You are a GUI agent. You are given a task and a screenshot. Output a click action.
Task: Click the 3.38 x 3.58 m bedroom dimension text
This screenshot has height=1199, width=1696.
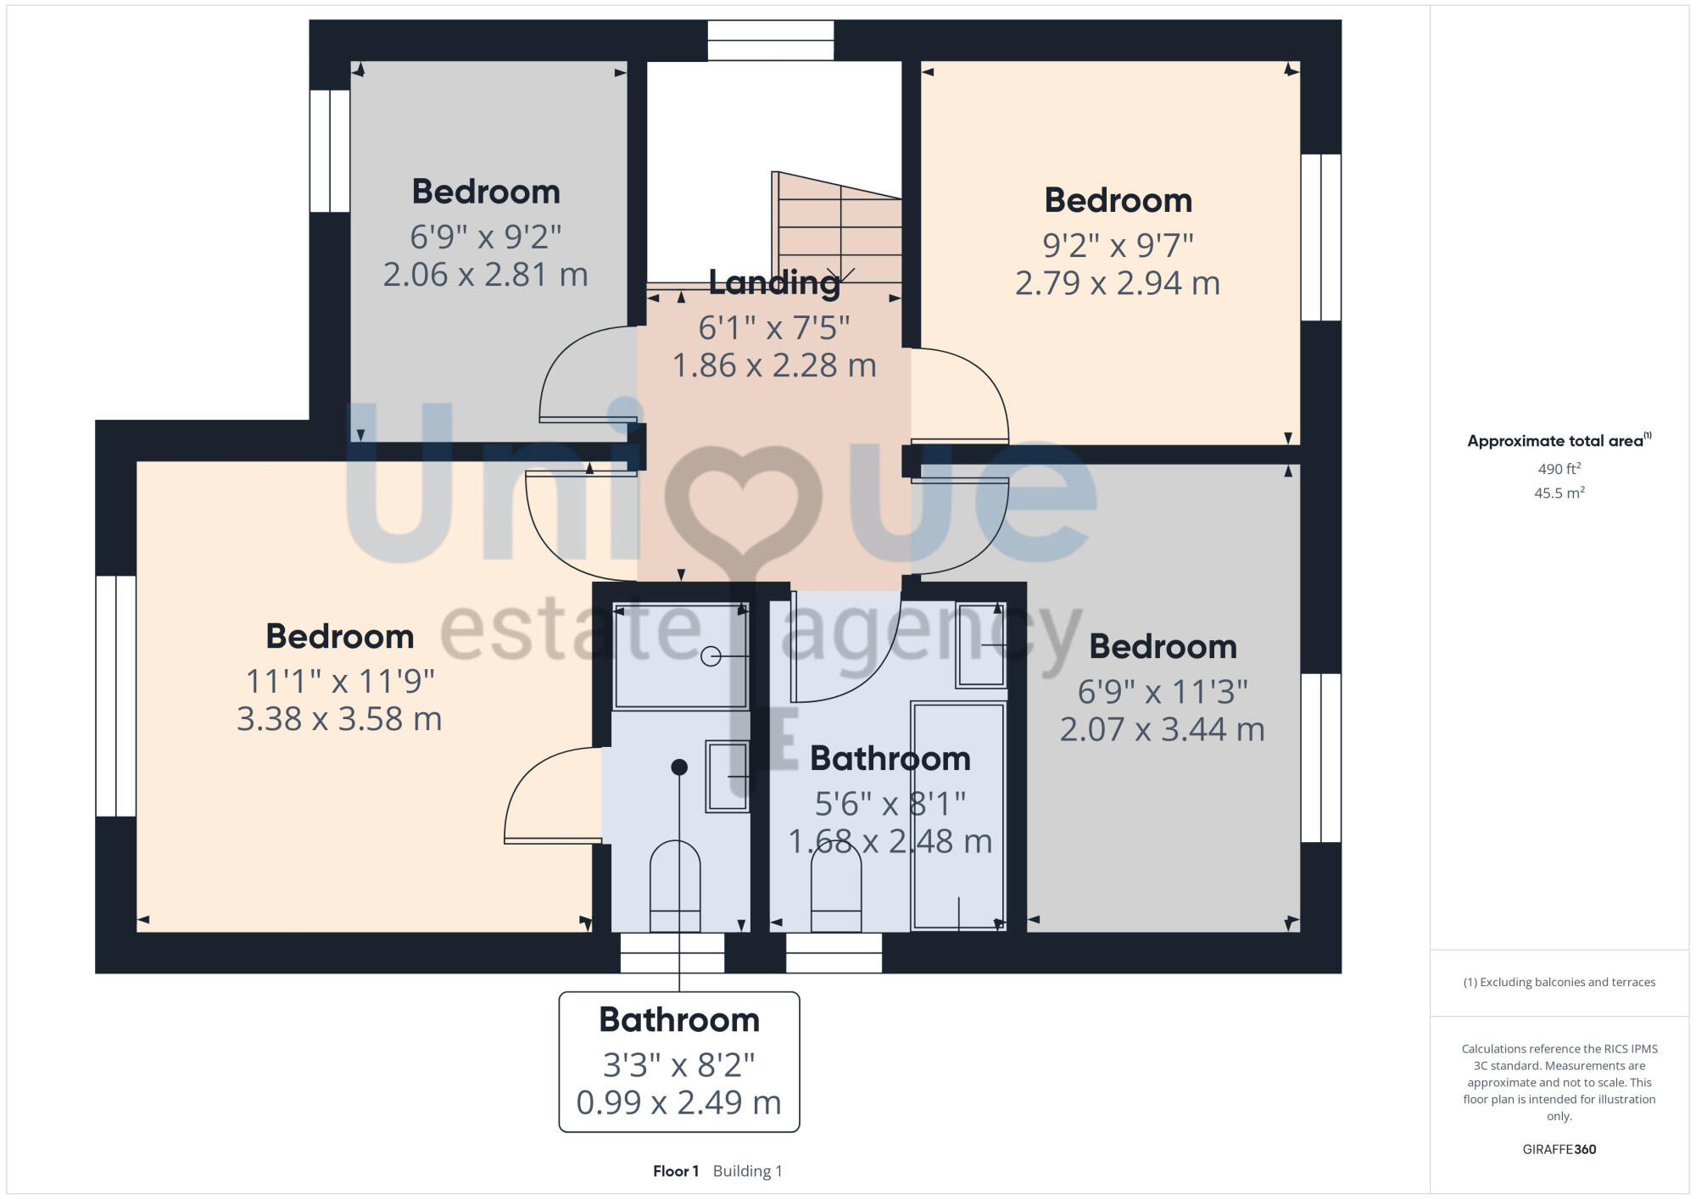click(339, 719)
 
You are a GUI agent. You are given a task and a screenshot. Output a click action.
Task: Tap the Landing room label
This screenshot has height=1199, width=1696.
click(773, 282)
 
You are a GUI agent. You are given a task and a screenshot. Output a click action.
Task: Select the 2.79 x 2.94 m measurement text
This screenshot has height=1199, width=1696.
click(1118, 283)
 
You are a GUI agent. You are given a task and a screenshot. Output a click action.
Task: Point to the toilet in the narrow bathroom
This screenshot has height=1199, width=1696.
click(675, 885)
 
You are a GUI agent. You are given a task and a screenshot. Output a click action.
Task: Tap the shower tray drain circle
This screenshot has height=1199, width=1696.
click(711, 656)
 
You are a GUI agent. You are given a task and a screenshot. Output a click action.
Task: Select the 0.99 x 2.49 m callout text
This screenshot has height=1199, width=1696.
click(678, 1102)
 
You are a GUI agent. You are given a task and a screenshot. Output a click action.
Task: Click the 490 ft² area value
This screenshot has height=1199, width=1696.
click(1559, 469)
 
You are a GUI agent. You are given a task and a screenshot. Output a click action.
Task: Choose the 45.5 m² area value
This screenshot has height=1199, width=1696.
click(1559, 493)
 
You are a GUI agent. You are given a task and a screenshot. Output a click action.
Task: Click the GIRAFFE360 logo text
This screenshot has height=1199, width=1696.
click(1559, 1150)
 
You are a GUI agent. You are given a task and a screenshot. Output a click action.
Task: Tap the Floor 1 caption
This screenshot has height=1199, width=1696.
click(676, 1171)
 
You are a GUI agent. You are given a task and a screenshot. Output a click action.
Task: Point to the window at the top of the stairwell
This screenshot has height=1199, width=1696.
click(770, 41)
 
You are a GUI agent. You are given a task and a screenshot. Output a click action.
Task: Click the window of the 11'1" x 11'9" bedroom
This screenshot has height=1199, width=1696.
click(116, 696)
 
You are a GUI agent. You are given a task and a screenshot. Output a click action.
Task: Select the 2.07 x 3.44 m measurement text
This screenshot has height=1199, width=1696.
click(1162, 729)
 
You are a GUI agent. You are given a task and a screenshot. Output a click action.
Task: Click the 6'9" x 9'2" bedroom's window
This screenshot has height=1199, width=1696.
click(330, 151)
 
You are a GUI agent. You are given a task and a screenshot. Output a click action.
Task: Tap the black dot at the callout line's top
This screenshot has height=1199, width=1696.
click(679, 767)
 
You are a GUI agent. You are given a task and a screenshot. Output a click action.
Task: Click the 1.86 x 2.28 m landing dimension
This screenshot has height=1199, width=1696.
click(773, 365)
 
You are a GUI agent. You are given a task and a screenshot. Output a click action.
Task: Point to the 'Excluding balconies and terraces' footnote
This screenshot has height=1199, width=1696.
click(1559, 982)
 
